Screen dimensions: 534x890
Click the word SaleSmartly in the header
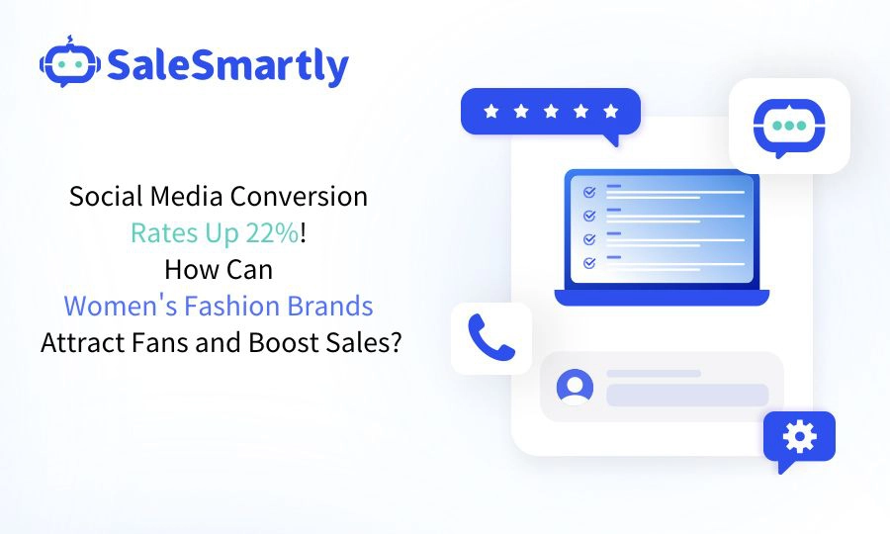[x=227, y=66]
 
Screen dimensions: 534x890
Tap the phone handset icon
[x=491, y=338]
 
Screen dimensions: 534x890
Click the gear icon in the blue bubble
[x=799, y=436]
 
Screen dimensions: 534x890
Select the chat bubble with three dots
[x=788, y=127]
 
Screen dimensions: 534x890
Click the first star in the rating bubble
[x=491, y=111]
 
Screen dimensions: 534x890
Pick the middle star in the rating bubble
[x=551, y=111]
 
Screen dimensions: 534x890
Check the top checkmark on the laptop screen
[x=589, y=191]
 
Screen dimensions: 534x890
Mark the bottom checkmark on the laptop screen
[x=589, y=262]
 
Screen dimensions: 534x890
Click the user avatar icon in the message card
[x=575, y=387]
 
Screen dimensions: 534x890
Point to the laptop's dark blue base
[x=662, y=297]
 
